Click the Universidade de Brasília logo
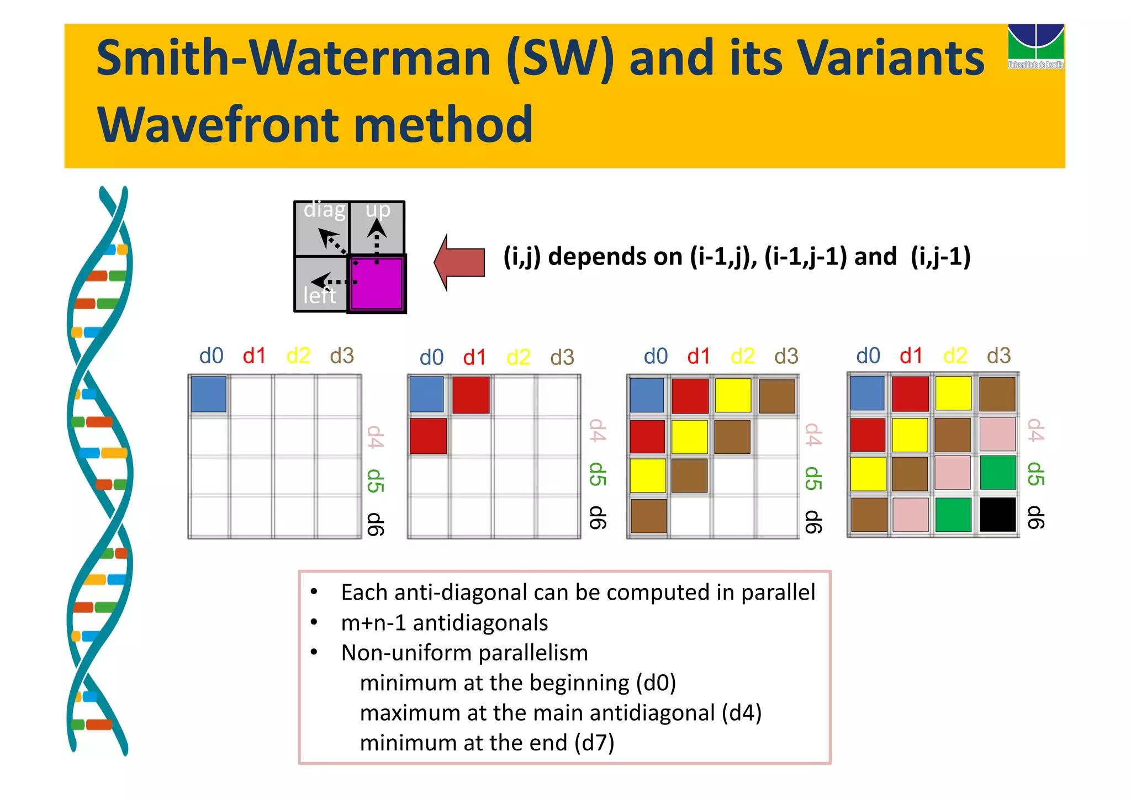[1035, 46]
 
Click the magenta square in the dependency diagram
[377, 284]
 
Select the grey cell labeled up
[378, 227]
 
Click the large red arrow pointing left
[459, 262]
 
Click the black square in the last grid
[997, 514]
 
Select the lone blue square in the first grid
[209, 394]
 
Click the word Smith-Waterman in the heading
[293, 59]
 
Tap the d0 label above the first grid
[211, 356]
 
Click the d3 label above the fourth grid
[998, 356]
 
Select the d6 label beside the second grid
[597, 517]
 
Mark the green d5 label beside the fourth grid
[1035, 474]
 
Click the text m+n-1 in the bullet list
[373, 623]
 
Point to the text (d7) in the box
[594, 743]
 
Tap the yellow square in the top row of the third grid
[733, 395]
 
